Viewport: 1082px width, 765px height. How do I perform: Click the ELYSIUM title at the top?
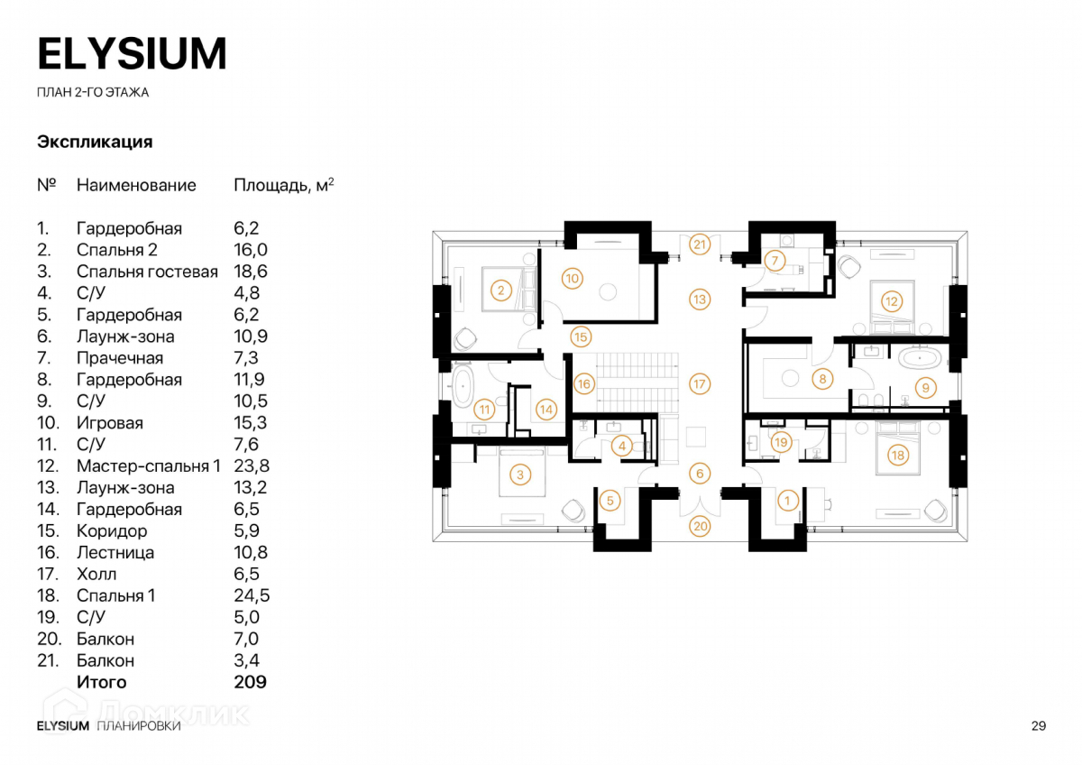pos(132,54)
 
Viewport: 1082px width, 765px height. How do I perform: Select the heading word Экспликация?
pos(95,143)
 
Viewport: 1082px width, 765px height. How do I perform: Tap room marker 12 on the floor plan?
pos(891,301)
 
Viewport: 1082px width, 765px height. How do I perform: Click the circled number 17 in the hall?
pos(700,383)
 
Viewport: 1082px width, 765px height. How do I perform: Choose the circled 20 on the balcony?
pos(700,526)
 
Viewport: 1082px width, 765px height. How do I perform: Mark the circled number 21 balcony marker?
pos(700,244)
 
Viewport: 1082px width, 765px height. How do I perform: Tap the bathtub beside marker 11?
pos(464,386)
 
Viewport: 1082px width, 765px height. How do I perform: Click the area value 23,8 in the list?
pos(252,466)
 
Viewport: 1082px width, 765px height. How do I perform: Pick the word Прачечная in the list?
pos(120,358)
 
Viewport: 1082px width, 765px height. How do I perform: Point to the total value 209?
pos(250,682)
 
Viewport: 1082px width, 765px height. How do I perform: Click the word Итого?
pos(102,682)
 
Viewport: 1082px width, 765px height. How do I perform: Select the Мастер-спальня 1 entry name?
pos(149,466)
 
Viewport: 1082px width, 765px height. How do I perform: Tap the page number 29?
pos(1037,726)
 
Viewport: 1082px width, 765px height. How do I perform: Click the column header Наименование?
pos(136,186)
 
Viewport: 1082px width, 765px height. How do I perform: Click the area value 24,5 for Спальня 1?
pos(252,595)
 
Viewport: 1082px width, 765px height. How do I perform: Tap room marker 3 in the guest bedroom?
pos(519,473)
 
